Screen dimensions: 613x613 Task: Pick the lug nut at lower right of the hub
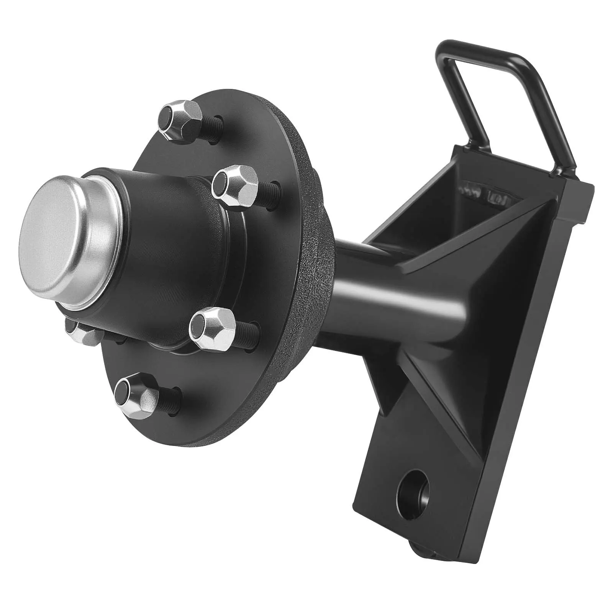pos(213,328)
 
